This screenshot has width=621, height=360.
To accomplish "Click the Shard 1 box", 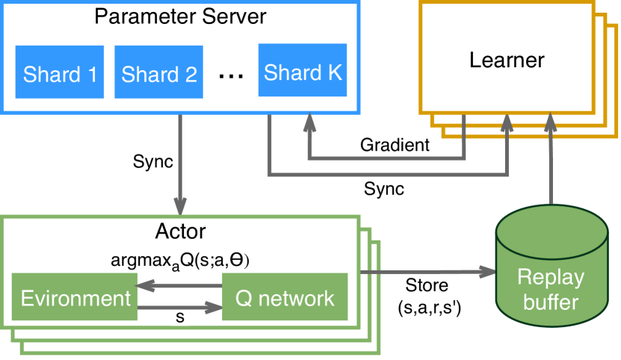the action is (59, 72).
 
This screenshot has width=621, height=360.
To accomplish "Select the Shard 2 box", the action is (159, 72).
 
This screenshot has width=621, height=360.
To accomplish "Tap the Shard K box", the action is (303, 70).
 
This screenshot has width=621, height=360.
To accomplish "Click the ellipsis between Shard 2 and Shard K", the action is (232, 75).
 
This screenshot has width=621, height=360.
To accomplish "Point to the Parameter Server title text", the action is (180, 16).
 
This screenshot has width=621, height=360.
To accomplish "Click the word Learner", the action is (507, 60).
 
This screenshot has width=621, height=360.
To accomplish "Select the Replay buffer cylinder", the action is (552, 266).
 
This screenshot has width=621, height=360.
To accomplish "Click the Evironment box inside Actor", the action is (75, 297).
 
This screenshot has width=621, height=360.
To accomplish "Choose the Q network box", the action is (285, 297).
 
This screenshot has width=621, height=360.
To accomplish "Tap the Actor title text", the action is (180, 232).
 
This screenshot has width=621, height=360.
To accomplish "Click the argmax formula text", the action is (180, 261).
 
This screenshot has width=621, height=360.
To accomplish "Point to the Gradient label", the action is (395, 145).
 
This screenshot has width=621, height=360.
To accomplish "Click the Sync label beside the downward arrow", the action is (153, 161).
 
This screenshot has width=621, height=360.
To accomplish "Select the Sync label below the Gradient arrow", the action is (384, 189).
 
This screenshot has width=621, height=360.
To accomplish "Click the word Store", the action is (427, 285).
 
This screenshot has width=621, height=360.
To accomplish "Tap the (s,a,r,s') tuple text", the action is (430, 308).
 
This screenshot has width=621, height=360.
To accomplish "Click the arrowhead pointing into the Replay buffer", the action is (488, 272).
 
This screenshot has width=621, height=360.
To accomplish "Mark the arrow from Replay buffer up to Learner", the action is (551, 158).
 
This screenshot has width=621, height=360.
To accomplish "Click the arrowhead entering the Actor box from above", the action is (180, 207).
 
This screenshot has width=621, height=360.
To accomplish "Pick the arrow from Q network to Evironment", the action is (179, 285).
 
